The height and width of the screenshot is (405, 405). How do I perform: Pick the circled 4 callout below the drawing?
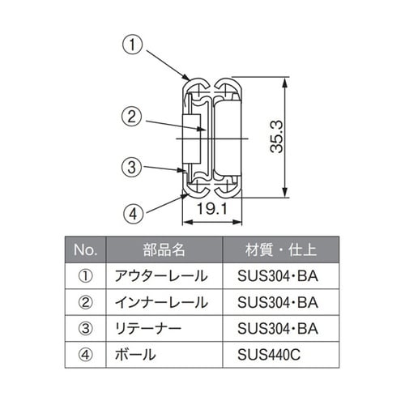click(x=134, y=215)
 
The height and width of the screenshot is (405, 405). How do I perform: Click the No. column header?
click(x=85, y=249)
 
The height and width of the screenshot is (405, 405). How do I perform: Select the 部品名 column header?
click(x=168, y=249)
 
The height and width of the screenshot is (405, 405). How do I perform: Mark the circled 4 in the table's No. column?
click(x=85, y=355)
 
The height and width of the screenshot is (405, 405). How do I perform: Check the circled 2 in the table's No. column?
click(x=85, y=302)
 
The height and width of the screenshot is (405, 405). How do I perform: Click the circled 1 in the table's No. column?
click(x=85, y=276)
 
